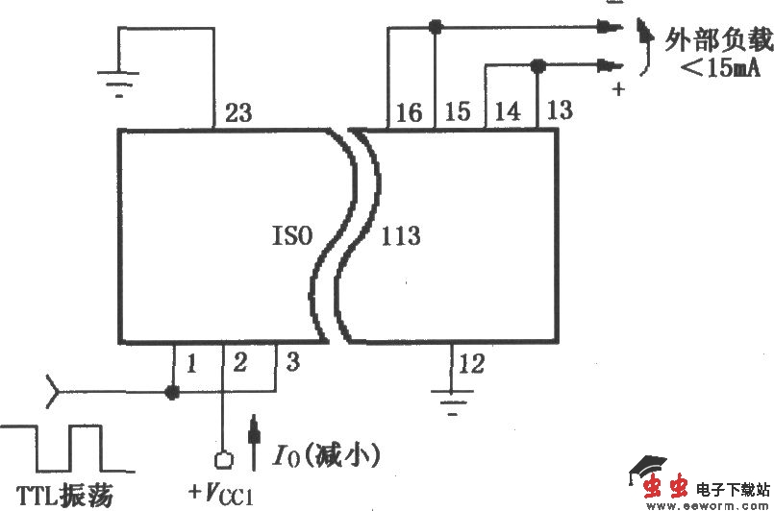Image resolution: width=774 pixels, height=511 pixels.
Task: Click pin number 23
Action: pyautogui.click(x=238, y=112)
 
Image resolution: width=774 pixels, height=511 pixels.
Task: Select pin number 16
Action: pyautogui.click(x=409, y=112)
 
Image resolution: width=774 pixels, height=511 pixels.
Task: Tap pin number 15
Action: pyautogui.click(x=458, y=111)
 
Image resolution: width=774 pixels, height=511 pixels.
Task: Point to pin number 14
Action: pyautogui.click(x=507, y=111)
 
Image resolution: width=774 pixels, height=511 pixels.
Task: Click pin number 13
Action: pyautogui.click(x=559, y=109)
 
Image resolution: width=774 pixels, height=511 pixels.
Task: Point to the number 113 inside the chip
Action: pyautogui.click(x=401, y=235)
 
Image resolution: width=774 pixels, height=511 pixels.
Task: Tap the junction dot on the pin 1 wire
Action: pyautogui.click(x=173, y=392)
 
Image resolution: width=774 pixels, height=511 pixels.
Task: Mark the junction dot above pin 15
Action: pyautogui.click(x=436, y=28)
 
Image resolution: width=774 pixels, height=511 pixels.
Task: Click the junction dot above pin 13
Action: pyautogui.click(x=537, y=65)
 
